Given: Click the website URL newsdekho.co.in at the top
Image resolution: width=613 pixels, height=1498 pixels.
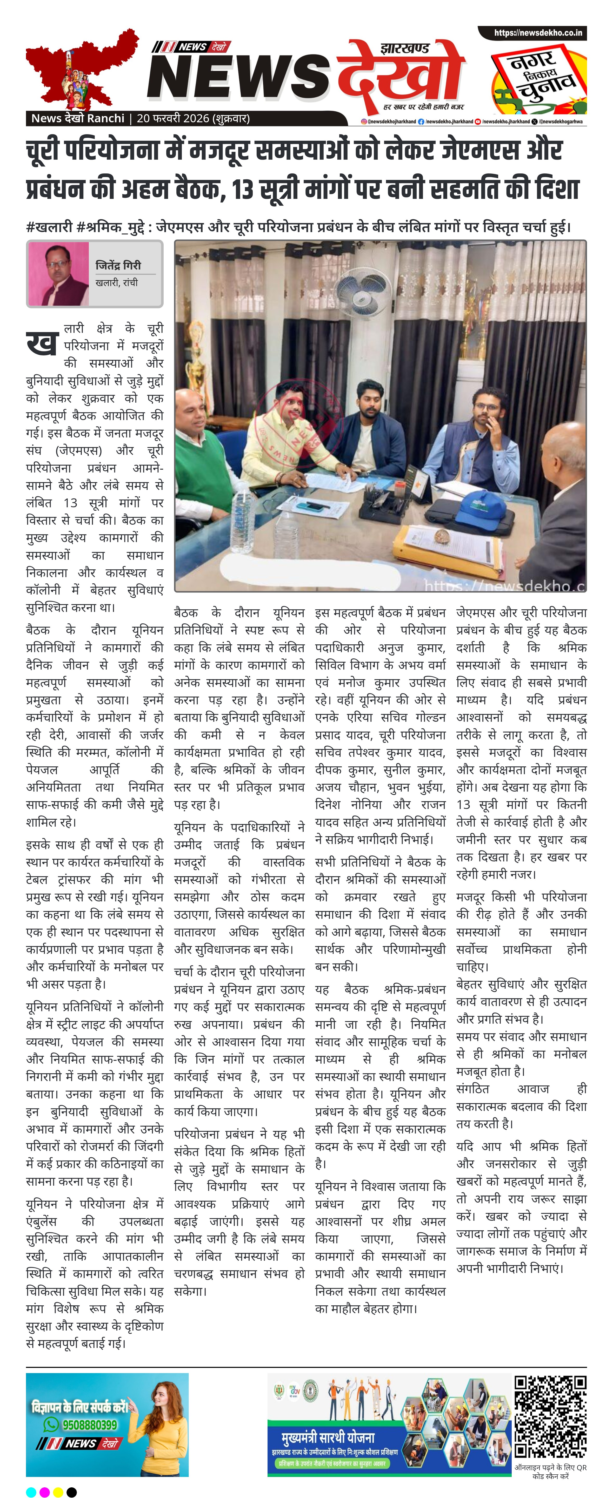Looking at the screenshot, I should point(537,32).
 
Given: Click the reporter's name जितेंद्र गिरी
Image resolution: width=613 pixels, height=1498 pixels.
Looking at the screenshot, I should point(118,265).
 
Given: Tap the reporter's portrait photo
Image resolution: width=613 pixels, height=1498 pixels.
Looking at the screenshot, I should point(58,273).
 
